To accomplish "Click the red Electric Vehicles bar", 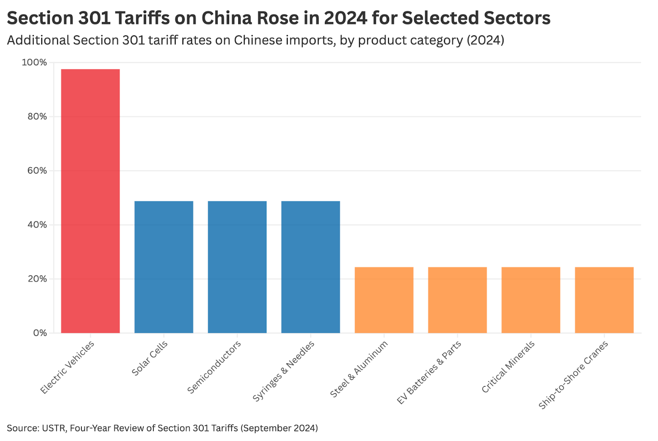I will pyautogui.click(x=90, y=201).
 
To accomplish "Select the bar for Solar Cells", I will pyautogui.click(x=164, y=267).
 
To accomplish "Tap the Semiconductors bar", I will pyautogui.click(x=237, y=267).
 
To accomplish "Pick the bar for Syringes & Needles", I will pyautogui.click(x=310, y=267).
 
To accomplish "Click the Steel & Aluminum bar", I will pyautogui.click(x=384, y=300).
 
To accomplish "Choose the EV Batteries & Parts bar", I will pyautogui.click(x=457, y=300).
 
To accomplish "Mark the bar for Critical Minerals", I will pyautogui.click(x=531, y=300).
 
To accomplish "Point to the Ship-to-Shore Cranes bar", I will pyautogui.click(x=604, y=300).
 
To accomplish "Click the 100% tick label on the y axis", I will pyautogui.click(x=35, y=62).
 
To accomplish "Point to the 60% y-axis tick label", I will pyautogui.click(x=37, y=171).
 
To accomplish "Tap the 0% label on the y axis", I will pyautogui.click(x=40, y=333).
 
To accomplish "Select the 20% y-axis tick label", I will pyautogui.click(x=37, y=279).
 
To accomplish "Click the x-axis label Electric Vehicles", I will pyautogui.click(x=67, y=367).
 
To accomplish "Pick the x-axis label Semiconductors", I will pyautogui.click(x=214, y=367).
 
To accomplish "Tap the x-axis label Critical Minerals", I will pyautogui.click(x=508, y=367).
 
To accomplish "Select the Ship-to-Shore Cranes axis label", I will pyautogui.click(x=573, y=375).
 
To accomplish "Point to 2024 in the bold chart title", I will pyautogui.click(x=345, y=18).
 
